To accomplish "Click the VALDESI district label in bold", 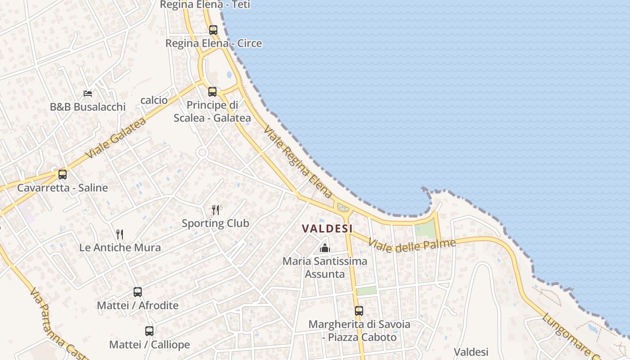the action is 327,229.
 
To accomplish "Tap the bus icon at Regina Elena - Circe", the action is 213,30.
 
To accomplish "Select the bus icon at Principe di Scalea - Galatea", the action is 212,92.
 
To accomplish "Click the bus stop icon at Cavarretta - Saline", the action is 63,174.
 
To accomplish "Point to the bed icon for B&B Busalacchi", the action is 88,94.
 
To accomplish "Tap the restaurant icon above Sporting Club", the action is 216,210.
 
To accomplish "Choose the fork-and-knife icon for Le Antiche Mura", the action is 120,234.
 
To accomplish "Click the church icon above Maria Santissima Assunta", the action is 324,247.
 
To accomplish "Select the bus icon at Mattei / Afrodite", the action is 138,292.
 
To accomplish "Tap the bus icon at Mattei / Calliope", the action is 149,331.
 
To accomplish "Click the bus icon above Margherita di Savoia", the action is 359,310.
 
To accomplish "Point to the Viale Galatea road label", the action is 116,138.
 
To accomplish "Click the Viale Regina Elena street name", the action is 298,162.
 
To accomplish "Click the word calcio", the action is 154,100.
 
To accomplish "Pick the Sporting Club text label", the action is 215,223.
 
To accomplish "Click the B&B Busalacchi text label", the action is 88,107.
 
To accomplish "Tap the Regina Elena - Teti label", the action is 205,5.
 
